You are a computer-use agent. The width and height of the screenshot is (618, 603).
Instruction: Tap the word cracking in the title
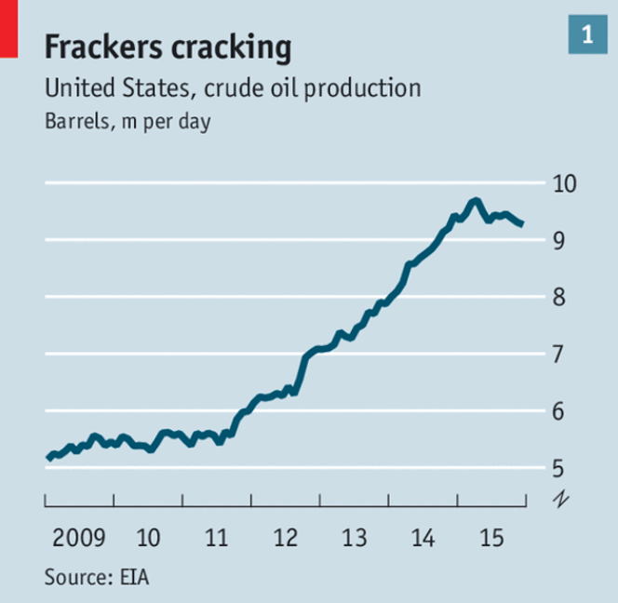tap(232, 46)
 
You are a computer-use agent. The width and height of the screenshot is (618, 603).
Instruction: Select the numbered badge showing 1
tap(587, 35)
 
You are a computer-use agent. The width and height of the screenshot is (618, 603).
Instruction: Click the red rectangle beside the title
tap(8, 28)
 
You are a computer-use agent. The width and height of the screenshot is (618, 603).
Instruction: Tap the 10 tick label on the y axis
tap(568, 183)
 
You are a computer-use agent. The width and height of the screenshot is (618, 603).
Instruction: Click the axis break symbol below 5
tap(560, 500)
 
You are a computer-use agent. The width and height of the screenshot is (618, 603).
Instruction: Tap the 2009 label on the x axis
tap(78, 538)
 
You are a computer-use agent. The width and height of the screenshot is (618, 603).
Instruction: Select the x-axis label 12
tap(285, 538)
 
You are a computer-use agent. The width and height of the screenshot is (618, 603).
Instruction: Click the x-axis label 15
tap(491, 538)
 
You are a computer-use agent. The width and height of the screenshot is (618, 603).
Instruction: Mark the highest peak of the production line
tap(476, 200)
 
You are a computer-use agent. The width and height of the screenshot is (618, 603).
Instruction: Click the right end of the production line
tap(523, 224)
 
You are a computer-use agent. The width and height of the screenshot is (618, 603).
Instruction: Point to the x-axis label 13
tap(354, 538)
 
